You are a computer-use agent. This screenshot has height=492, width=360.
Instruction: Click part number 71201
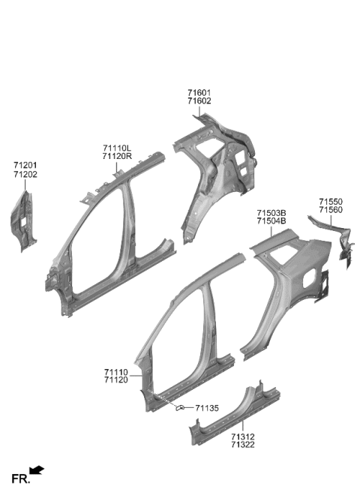25,164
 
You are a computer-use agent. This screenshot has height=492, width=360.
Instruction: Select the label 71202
25,174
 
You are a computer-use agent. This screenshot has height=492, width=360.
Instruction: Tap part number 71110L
116,148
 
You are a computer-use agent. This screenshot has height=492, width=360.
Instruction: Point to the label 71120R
116,157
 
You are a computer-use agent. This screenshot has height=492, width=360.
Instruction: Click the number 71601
199,93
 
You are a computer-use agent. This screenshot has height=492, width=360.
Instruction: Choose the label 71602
199,102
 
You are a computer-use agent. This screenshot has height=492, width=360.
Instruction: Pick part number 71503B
271,212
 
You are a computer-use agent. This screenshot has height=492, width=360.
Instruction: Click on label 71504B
271,221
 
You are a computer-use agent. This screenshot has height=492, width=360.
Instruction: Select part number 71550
330,202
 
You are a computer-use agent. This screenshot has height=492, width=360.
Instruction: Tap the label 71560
330,211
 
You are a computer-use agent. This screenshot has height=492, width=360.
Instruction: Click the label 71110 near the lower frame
116,372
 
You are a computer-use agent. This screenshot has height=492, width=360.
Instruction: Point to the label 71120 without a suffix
116,381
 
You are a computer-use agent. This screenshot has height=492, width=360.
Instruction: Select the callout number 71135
207,408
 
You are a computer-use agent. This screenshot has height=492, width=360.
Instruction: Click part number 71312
242,436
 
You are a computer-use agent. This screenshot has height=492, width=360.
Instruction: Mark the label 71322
242,445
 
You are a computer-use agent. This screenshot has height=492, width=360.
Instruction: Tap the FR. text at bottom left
19,478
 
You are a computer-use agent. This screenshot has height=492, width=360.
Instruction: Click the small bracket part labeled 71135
181,408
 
